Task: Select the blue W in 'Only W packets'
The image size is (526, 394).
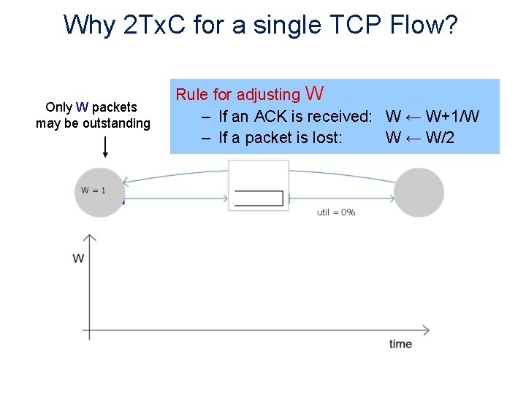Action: (82, 108)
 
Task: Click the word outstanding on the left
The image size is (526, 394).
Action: (116, 123)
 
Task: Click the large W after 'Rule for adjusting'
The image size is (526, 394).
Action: (315, 93)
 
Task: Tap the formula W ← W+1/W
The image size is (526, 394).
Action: (432, 116)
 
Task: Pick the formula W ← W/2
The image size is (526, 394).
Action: (420, 137)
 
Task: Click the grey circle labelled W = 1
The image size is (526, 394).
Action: (99, 192)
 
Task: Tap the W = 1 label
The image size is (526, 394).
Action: (94, 190)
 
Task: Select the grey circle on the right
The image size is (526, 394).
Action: (419, 193)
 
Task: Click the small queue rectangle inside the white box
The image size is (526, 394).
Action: (259, 198)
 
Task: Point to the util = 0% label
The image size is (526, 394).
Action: (336, 212)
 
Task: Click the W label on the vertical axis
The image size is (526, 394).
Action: (78, 258)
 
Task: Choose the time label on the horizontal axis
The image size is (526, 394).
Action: (400, 344)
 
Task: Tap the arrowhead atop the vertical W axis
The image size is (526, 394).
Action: (89, 238)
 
